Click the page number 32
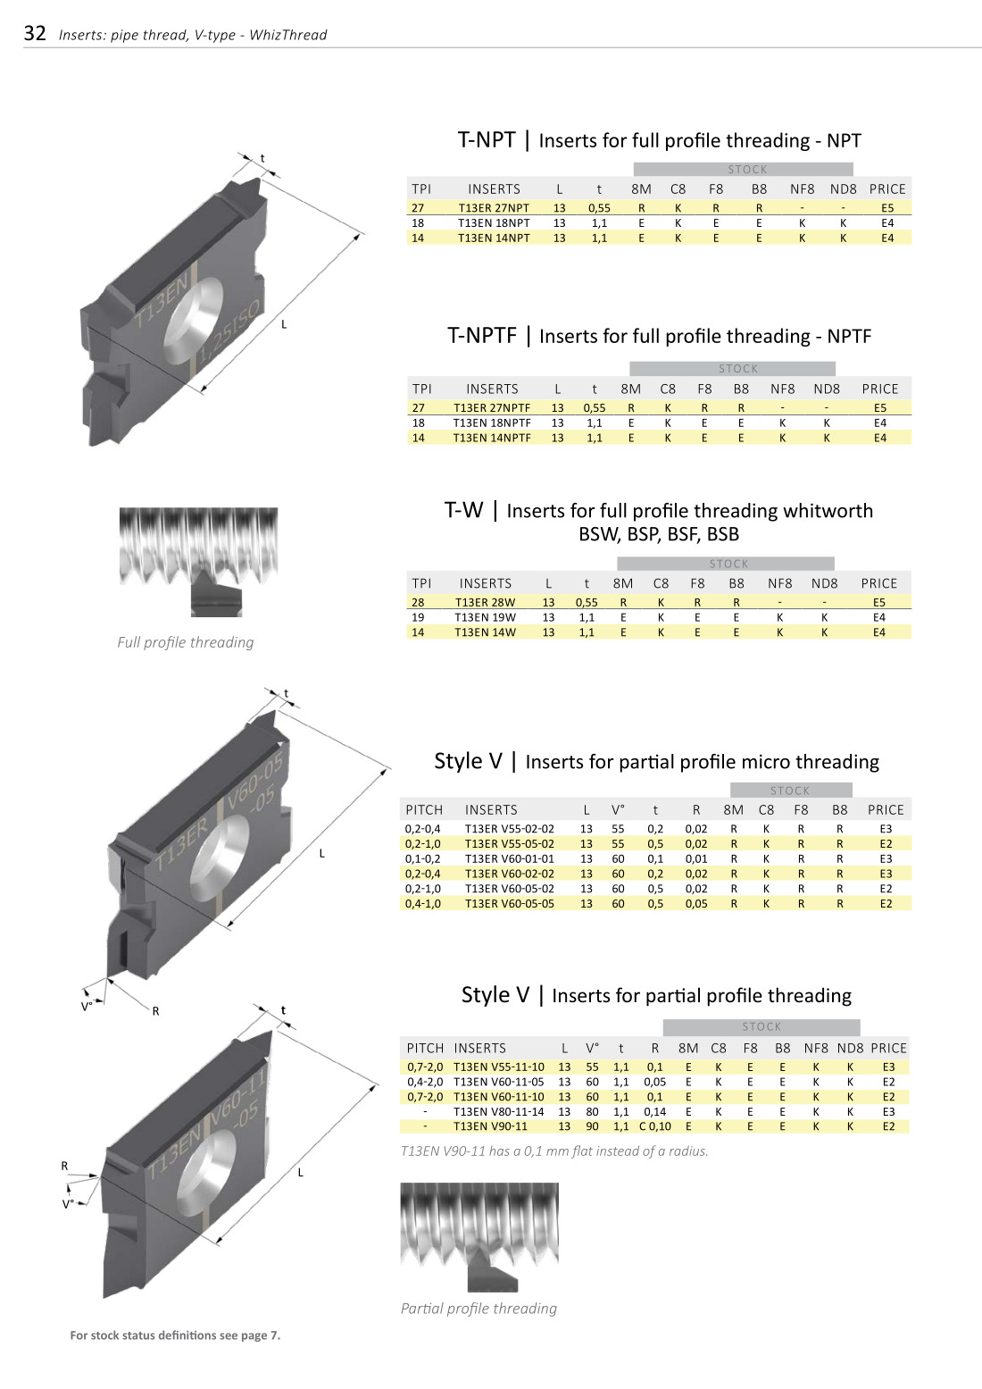[35, 34]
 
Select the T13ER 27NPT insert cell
[494, 208]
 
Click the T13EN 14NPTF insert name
[492, 438]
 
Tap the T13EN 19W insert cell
[485, 617]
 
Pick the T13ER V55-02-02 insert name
[509, 829]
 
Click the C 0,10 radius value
[655, 1126]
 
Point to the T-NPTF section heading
[659, 336]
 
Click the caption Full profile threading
[186, 642]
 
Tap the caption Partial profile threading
[479, 1309]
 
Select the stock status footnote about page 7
[175, 1335]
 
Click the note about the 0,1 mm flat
[554, 1151]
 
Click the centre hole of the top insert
[195, 320]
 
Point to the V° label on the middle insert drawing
[87, 1007]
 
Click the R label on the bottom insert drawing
[64, 1166]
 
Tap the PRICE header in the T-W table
[879, 583]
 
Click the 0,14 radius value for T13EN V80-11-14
[655, 1112]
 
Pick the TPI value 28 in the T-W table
[418, 603]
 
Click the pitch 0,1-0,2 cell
[422, 859]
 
